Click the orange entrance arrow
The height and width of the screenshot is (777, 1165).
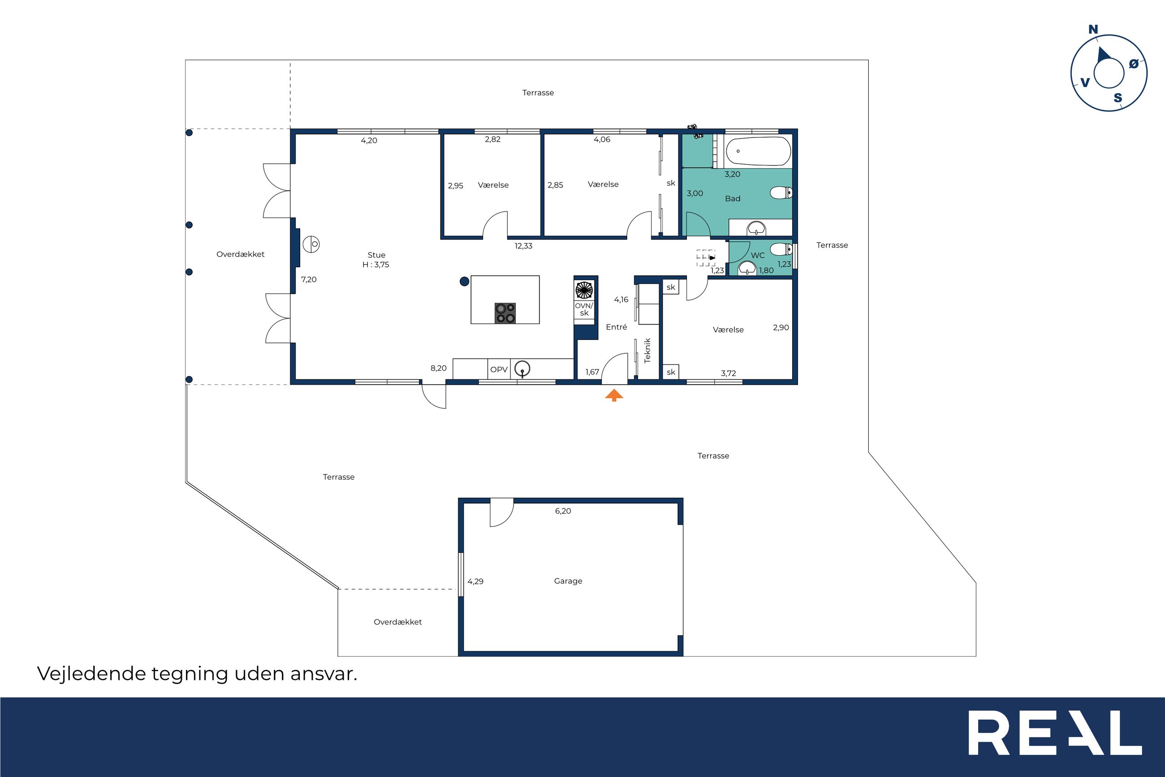[x=614, y=395]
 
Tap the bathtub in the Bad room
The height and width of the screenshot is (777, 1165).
[x=758, y=151]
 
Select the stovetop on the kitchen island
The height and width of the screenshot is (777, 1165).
[x=505, y=313]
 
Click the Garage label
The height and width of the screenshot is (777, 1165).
[x=568, y=581]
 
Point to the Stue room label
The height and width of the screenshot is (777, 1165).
[x=376, y=255]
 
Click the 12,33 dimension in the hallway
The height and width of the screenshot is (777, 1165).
[x=523, y=246]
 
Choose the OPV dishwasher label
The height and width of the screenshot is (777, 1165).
[x=499, y=370]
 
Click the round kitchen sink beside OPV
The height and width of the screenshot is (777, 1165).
[x=522, y=369]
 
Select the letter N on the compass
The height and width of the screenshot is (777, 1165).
[x=1093, y=30]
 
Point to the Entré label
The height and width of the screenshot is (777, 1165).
[x=617, y=327]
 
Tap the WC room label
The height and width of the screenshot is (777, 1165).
[x=758, y=255]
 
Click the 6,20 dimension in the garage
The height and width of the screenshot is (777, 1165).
[x=563, y=511]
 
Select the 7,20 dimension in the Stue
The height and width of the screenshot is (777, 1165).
[x=309, y=279]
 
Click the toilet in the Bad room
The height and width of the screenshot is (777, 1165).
[x=781, y=193]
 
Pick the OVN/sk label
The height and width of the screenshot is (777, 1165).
[x=584, y=309]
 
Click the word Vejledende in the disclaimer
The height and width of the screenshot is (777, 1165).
[x=91, y=674]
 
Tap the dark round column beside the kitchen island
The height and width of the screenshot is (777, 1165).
[x=464, y=282]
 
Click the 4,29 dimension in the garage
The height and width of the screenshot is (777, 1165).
[x=475, y=581]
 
